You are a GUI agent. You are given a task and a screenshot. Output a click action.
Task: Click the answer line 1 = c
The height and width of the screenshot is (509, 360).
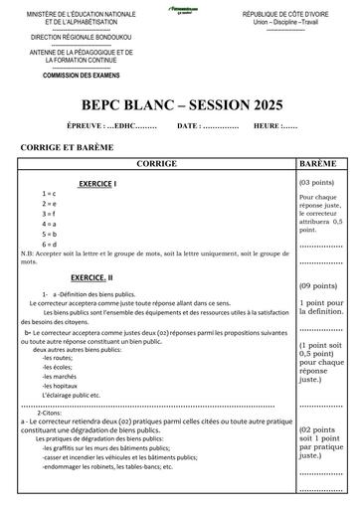coord(49,192)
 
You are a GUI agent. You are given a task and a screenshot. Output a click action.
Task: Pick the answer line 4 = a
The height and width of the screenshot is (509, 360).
coord(49,224)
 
